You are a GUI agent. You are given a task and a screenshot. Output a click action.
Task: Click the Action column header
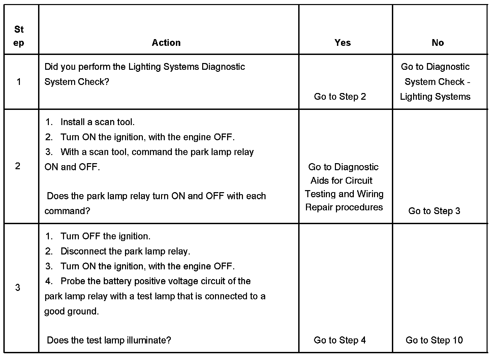coord(166,43)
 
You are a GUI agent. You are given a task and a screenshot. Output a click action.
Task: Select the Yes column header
coord(343,43)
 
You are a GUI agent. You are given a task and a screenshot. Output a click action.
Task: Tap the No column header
coord(438,43)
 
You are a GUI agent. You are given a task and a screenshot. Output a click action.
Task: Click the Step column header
coord(19,36)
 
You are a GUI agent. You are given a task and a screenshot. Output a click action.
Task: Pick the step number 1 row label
coord(19,82)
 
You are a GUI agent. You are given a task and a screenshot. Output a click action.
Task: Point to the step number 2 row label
coord(18,166)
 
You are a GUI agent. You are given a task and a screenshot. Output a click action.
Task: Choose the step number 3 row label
coord(18,288)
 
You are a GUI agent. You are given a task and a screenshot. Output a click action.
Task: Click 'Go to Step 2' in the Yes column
coord(340,97)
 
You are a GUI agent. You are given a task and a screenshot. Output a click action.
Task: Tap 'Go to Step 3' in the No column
coord(434,211)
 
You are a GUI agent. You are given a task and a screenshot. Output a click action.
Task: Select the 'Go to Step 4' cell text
coord(340,340)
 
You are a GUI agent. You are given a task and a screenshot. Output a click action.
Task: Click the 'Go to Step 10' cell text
coord(434,340)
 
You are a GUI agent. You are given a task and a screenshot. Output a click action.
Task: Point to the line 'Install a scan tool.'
coord(97,122)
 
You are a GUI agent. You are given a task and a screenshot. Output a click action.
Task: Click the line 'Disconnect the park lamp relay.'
coord(125,251)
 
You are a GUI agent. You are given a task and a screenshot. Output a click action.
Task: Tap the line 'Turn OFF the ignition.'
coord(105,236)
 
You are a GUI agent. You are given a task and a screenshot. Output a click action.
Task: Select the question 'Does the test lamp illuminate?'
coord(109,340)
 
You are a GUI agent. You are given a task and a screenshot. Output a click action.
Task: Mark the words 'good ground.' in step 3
coord(72,311)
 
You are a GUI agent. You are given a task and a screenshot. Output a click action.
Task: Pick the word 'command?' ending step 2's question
coord(67,211)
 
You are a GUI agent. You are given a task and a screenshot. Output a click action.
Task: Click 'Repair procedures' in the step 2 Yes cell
coord(344,207)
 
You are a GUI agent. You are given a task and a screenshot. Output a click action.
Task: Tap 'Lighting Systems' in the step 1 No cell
coord(435,97)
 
